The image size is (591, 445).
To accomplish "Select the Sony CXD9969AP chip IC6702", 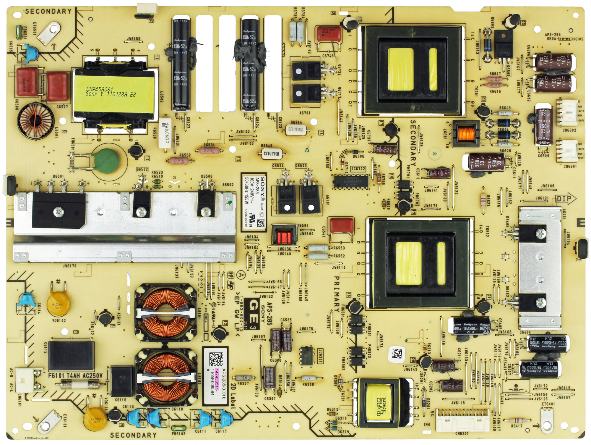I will click(351, 181).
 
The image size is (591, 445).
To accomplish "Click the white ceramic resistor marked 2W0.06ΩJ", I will click(165, 132).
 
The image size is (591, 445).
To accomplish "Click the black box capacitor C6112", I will click(71, 355).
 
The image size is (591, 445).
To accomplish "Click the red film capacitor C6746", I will click(329, 35).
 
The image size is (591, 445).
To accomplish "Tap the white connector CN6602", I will click(567, 112).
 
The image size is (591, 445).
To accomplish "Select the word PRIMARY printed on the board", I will click(336, 294).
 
